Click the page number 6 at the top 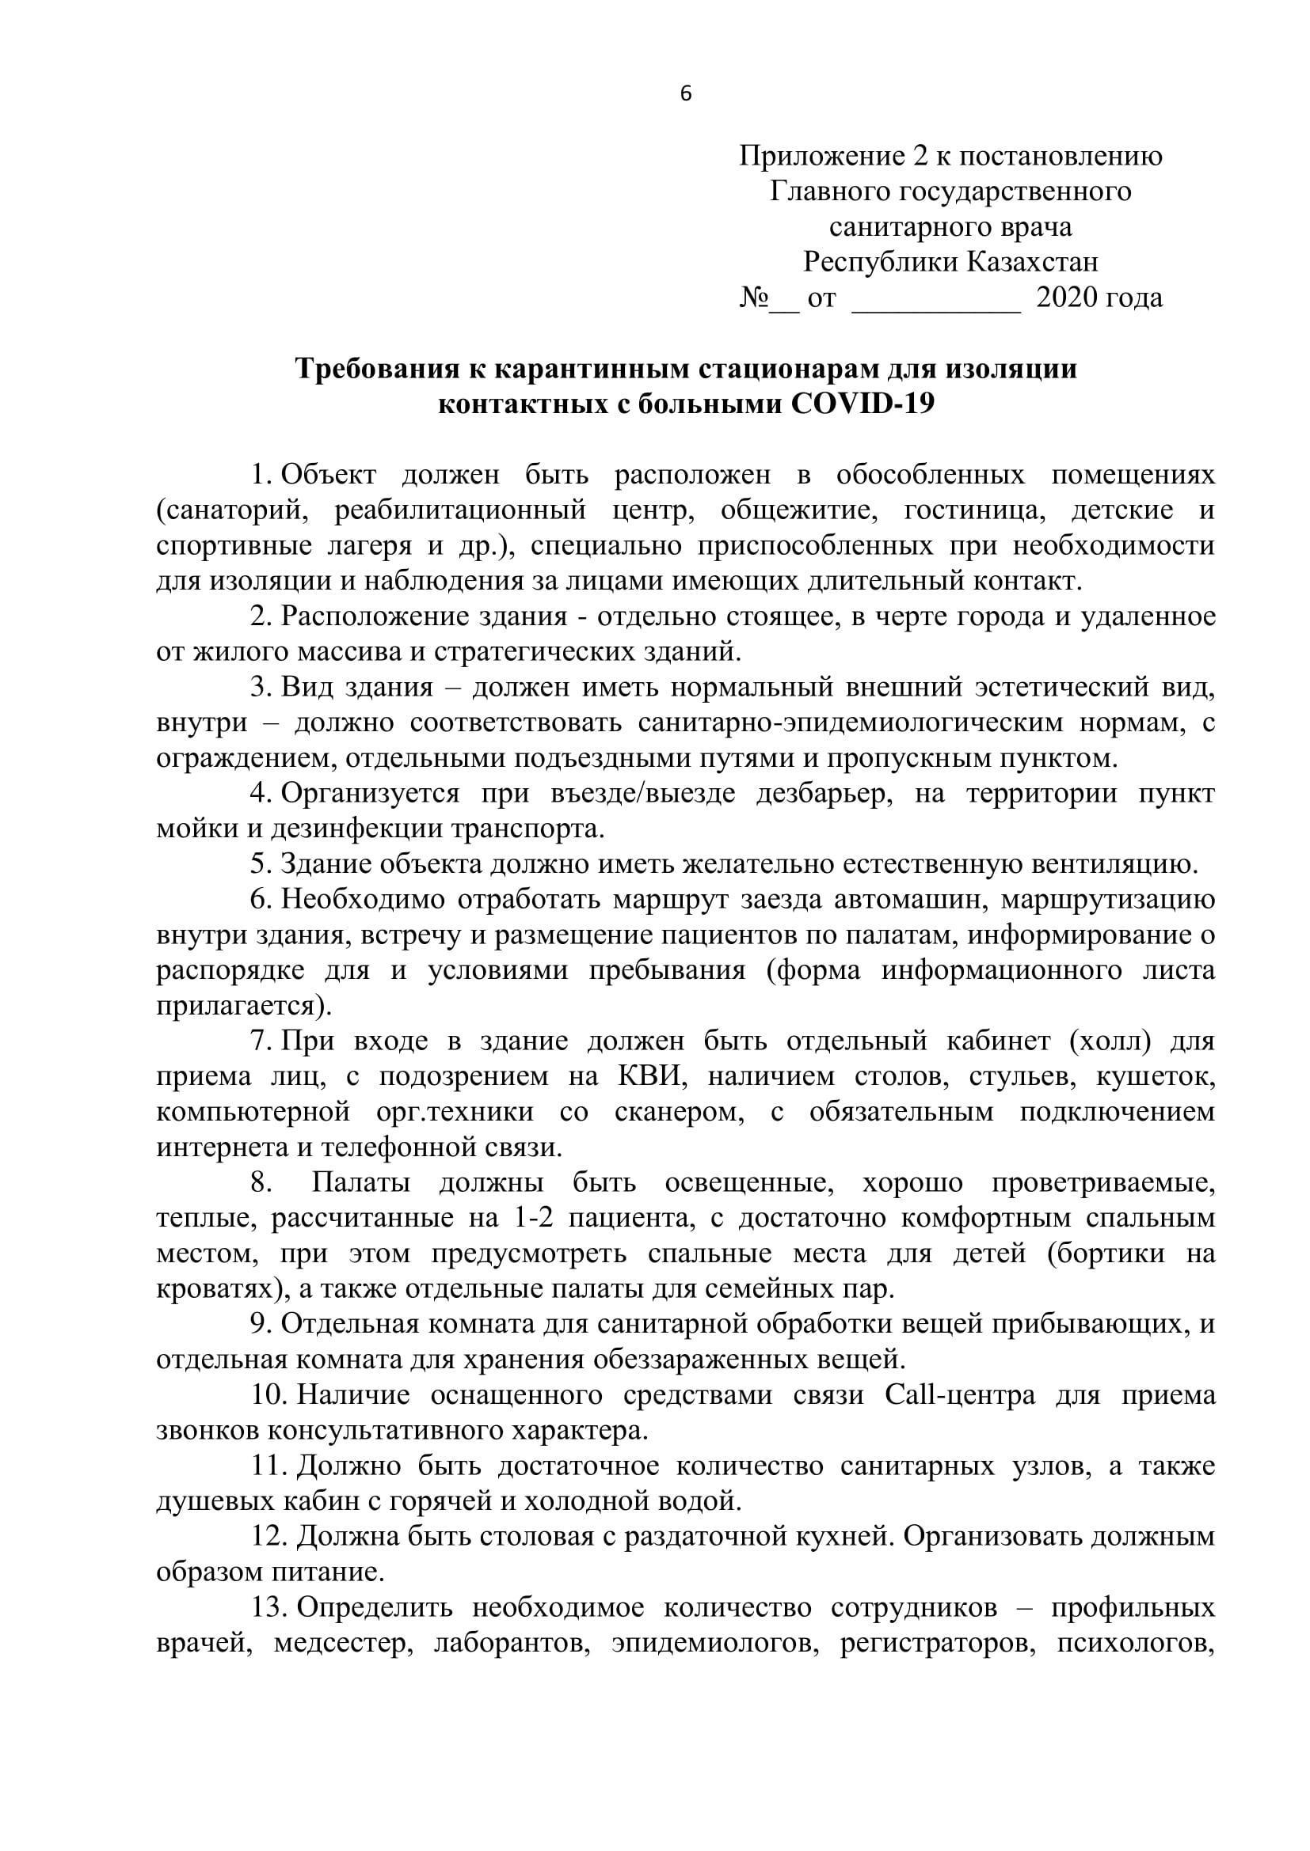[x=686, y=94]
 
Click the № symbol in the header [x=753, y=298]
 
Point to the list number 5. [x=260, y=865]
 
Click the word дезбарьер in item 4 [x=817, y=794]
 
